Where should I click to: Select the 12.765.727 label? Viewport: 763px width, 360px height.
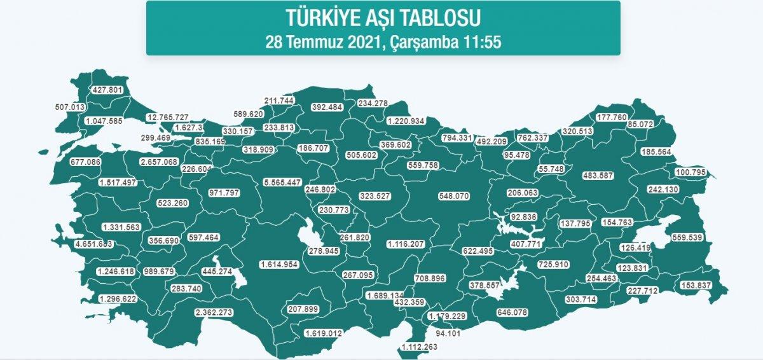tap(167, 118)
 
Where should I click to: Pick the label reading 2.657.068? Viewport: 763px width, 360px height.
tap(158, 162)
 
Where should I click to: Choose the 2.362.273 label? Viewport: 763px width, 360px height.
tap(214, 312)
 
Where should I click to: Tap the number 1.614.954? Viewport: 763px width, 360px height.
tap(279, 265)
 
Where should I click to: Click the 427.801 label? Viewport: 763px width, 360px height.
tap(107, 90)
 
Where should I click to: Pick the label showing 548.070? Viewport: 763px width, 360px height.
tap(453, 196)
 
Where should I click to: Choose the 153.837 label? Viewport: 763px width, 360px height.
tap(696, 285)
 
